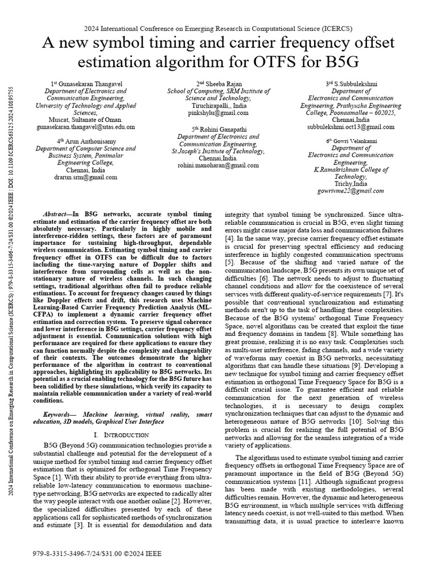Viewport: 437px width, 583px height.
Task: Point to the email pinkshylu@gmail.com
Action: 218,113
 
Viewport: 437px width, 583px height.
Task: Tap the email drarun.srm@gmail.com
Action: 85,177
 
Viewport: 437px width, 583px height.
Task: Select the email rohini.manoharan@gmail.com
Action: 218,166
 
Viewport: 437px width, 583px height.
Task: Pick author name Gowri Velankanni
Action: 353,141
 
